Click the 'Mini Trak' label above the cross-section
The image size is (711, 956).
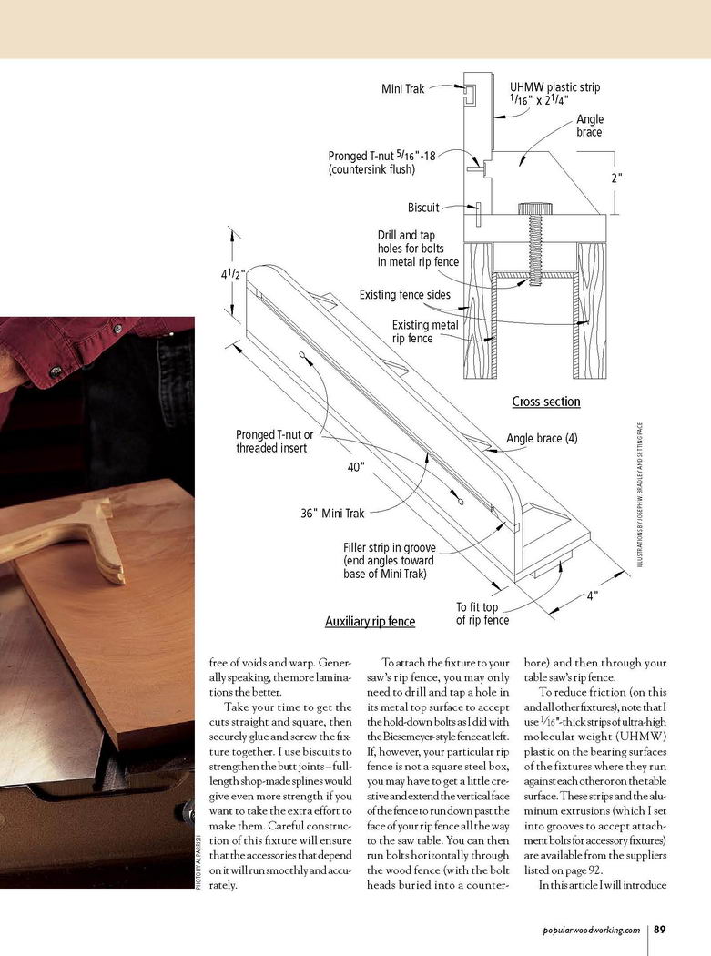pos(402,88)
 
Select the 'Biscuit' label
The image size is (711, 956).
pos(423,208)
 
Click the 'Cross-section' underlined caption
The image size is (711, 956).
pos(546,402)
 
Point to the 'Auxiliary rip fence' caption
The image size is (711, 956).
pos(370,622)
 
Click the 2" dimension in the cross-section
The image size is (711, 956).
pos(616,178)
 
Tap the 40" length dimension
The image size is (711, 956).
pos(356,467)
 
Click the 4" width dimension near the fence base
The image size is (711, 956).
pos(592,596)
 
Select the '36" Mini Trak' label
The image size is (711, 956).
pos(332,514)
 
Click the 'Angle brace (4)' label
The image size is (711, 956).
pos(542,438)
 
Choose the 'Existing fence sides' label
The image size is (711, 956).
pos(411,295)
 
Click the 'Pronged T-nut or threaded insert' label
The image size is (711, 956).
pos(274,442)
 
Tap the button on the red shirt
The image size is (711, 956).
pos(56,371)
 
